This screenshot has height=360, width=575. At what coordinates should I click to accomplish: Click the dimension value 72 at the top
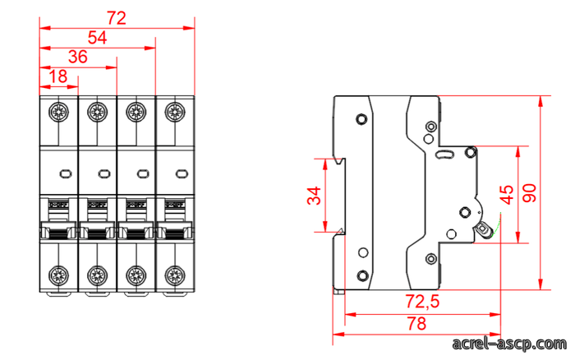pos(117,18)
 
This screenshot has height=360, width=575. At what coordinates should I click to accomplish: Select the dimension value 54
pos(97,38)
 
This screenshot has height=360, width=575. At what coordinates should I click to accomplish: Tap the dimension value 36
pos(78,57)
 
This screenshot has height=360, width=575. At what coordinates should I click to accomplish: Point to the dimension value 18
pos(58,76)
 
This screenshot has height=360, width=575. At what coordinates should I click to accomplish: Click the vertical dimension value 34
pos(314,196)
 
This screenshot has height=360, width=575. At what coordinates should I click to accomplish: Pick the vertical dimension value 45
pos(507,195)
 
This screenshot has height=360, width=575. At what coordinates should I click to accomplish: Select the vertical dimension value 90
pos(529,193)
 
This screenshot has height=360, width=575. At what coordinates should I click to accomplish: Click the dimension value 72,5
pos(422,302)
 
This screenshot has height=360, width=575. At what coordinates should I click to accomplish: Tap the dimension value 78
pos(416,324)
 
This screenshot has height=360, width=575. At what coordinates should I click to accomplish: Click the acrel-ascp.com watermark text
pos(509,344)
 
